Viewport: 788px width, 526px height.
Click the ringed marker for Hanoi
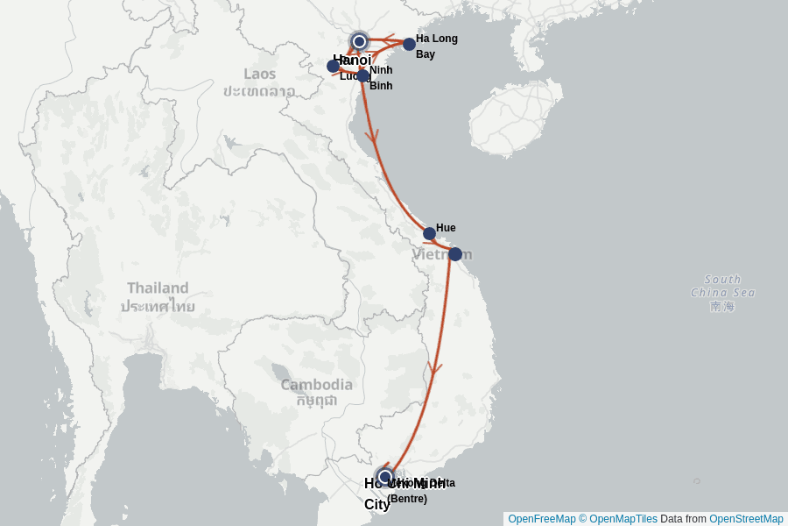(359, 41)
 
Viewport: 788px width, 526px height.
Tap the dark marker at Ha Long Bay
(409, 44)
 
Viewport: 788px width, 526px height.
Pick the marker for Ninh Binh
(362, 75)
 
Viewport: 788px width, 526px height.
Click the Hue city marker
(429, 233)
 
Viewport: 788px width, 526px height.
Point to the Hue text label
(446, 228)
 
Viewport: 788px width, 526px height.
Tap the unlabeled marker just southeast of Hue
(455, 254)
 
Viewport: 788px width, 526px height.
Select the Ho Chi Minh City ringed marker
(384, 477)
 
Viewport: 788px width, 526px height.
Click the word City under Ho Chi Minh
(376, 504)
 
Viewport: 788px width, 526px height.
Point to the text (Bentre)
(407, 499)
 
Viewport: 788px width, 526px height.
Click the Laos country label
(259, 74)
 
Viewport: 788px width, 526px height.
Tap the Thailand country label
(158, 288)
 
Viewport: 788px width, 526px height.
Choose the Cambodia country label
(316, 384)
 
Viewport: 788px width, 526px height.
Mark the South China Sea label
(722, 286)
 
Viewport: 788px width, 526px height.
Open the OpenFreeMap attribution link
(542, 519)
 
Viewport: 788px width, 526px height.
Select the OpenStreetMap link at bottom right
(746, 519)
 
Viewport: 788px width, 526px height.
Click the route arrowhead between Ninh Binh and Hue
(372, 136)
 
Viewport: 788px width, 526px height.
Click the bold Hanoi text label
(352, 60)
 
